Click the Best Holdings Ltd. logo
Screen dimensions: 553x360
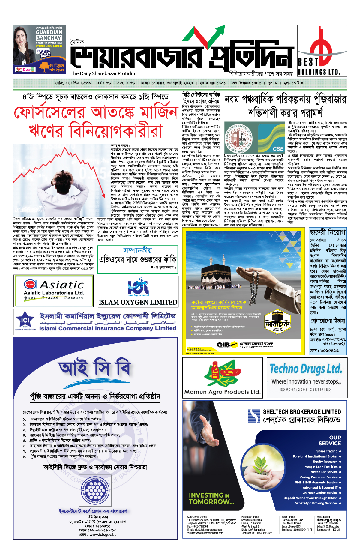coord(322,50)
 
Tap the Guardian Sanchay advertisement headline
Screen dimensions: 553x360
coord(49,35)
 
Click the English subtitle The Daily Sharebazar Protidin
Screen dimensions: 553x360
coord(103,73)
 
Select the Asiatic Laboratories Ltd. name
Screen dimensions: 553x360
coord(54,293)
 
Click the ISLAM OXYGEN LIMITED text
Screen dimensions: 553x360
coord(138,302)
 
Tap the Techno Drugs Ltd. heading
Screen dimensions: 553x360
coord(306,369)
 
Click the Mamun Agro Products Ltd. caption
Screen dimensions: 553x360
coord(222,392)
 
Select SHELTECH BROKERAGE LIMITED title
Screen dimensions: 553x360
coord(302,412)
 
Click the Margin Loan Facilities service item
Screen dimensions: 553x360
coord(321,467)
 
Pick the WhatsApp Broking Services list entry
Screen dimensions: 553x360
coord(316,503)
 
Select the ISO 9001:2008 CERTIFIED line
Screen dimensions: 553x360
coord(305,390)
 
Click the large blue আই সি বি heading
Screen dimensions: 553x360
coord(95,368)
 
